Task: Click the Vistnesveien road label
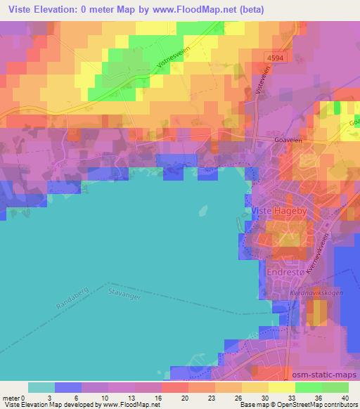pyautogui.click(x=164, y=65)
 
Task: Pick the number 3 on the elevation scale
pyautogui.click(x=56, y=398)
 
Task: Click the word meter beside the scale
pyautogui.click(x=11, y=398)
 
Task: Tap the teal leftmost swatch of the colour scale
pyautogui.click(x=41, y=387)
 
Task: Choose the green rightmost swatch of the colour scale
pyautogui.click(x=335, y=387)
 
